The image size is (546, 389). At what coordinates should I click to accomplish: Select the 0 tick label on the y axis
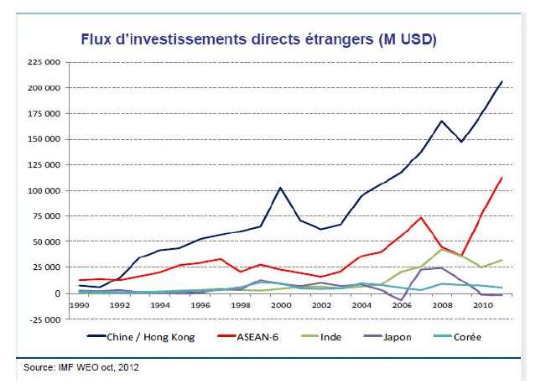pos(58,293)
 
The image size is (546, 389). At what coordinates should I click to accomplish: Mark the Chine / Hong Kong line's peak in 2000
pos(280,188)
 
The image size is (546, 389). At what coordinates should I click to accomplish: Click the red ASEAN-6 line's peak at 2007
pos(422,218)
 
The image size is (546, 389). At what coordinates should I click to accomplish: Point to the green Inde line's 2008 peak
pos(442,249)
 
